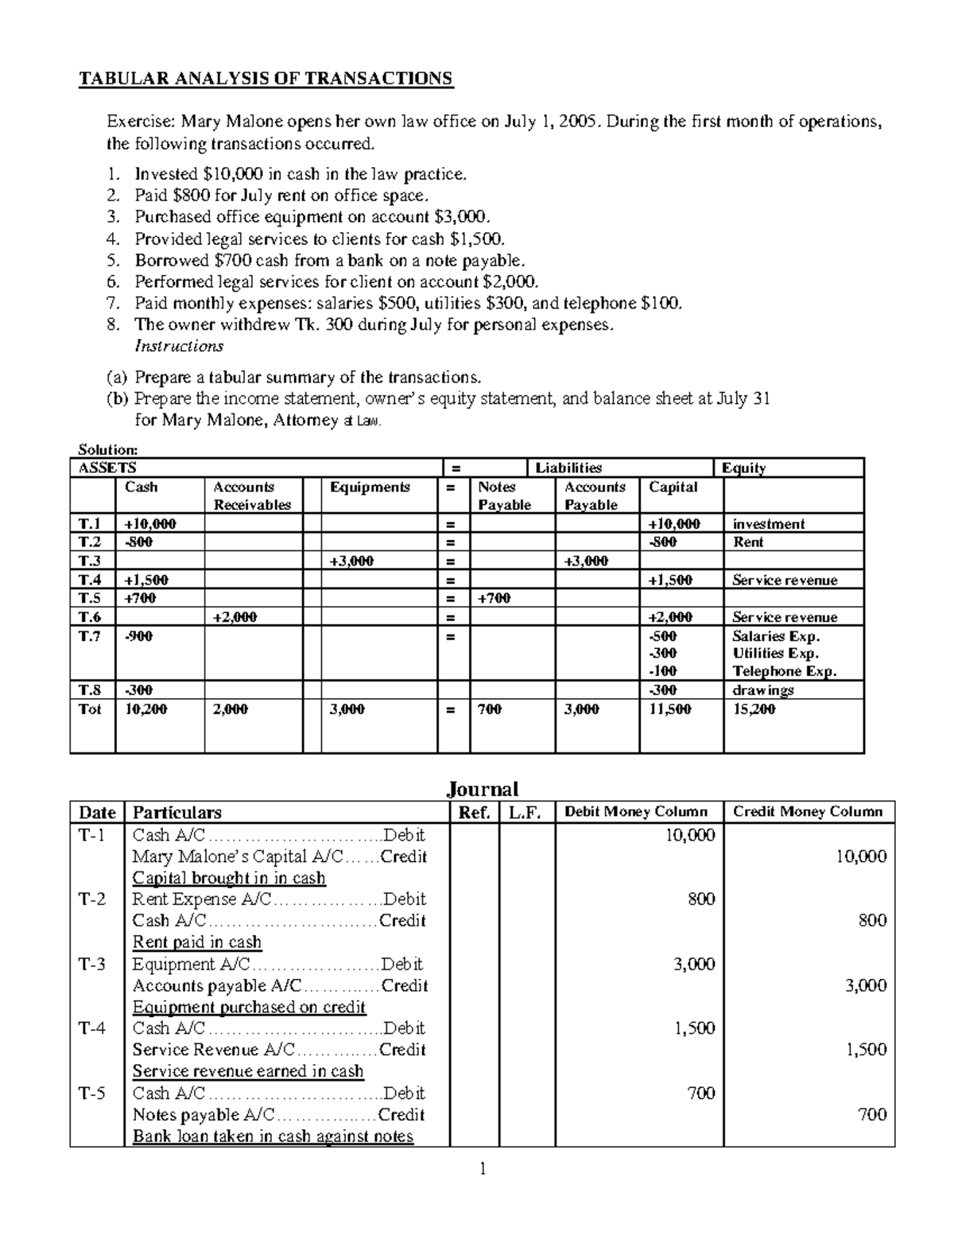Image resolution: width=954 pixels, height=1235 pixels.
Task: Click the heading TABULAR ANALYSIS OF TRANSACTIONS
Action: coord(264,78)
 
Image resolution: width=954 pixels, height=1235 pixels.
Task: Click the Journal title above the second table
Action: coord(482,789)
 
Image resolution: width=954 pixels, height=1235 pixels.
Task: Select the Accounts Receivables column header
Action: coord(252,495)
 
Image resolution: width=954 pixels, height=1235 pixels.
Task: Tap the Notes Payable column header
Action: coord(504,495)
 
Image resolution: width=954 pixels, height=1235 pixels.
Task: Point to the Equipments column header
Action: coord(370,487)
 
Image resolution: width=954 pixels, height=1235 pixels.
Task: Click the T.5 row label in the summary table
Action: coord(91,598)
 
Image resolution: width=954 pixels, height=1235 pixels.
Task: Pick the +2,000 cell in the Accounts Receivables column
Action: coord(235,617)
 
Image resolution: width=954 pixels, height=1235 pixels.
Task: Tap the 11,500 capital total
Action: coord(669,709)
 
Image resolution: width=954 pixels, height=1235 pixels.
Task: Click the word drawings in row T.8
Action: coord(762,690)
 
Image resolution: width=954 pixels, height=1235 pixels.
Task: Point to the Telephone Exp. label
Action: coord(784,671)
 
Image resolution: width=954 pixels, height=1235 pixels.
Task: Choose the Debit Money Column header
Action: coord(635,812)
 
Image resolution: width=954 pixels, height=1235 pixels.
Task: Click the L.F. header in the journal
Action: coord(526,812)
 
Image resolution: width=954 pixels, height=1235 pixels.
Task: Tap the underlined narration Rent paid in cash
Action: coord(196,942)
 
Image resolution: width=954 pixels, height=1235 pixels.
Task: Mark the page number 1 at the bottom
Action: coord(482,1169)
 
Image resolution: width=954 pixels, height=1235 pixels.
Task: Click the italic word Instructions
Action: coord(179,346)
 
